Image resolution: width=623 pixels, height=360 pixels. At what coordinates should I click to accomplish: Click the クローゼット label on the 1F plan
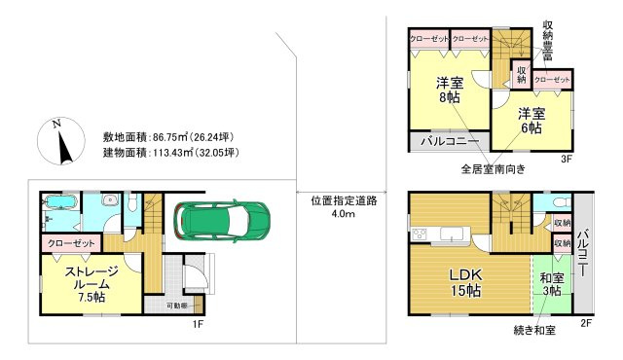pyautogui.click(x=68, y=242)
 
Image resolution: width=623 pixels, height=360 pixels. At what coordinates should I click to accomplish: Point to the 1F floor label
pyautogui.click(x=196, y=324)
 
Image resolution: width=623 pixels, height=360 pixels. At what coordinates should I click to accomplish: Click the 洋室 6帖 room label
pyautogui.click(x=531, y=122)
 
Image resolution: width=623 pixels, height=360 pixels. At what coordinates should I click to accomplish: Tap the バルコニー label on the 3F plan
pyautogui.click(x=449, y=142)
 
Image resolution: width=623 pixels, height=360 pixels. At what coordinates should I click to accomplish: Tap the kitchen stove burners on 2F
pyautogui.click(x=420, y=234)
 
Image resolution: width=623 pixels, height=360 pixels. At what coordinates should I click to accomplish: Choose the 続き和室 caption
pyautogui.click(x=534, y=331)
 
